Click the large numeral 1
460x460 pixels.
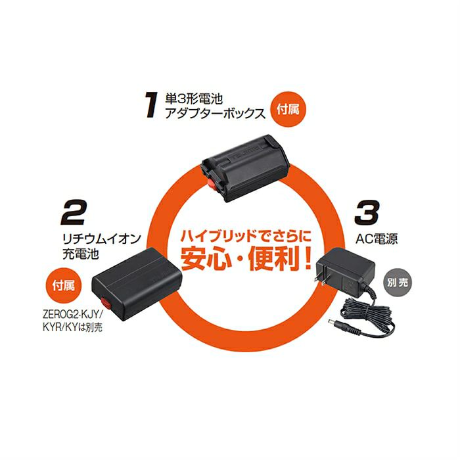(151, 104)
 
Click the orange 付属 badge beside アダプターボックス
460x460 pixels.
(288, 110)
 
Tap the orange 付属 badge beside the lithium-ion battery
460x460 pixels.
(63, 285)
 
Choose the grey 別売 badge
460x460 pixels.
(398, 283)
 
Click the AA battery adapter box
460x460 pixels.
(245, 168)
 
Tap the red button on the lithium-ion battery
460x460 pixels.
(105, 304)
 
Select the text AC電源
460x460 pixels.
(377, 239)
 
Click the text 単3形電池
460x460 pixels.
(194, 99)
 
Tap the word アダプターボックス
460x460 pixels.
(215, 114)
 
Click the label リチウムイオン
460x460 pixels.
(101, 239)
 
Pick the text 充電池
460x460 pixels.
(80, 254)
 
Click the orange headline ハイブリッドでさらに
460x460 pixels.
(246, 236)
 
